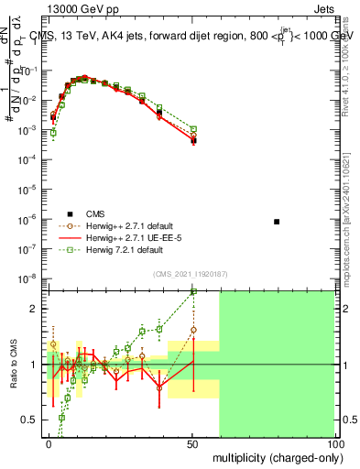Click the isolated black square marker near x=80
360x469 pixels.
(277, 222)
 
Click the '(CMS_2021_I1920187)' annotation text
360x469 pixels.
(190, 273)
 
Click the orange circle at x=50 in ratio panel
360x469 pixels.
(193, 330)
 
